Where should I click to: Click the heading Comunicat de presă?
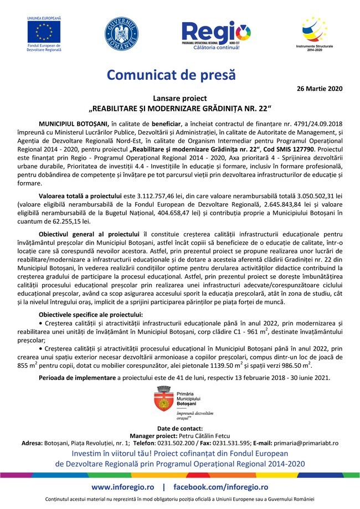click(x=171, y=74)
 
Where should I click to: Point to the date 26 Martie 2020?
click(x=320, y=89)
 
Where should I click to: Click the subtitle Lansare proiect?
click(x=179, y=97)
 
